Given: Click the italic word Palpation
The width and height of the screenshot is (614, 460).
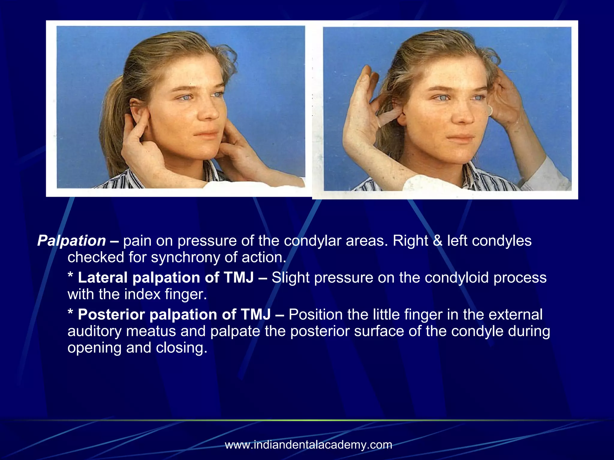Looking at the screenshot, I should click(71, 241).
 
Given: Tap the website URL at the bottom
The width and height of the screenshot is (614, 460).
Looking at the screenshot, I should click(308, 444).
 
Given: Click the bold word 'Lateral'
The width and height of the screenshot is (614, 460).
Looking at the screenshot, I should click(103, 278).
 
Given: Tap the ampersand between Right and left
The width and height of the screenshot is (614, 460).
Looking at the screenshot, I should click(438, 241).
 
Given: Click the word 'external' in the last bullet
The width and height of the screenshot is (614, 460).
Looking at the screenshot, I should click(515, 315).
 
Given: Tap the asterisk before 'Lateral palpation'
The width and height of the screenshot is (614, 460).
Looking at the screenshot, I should click(70, 276).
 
